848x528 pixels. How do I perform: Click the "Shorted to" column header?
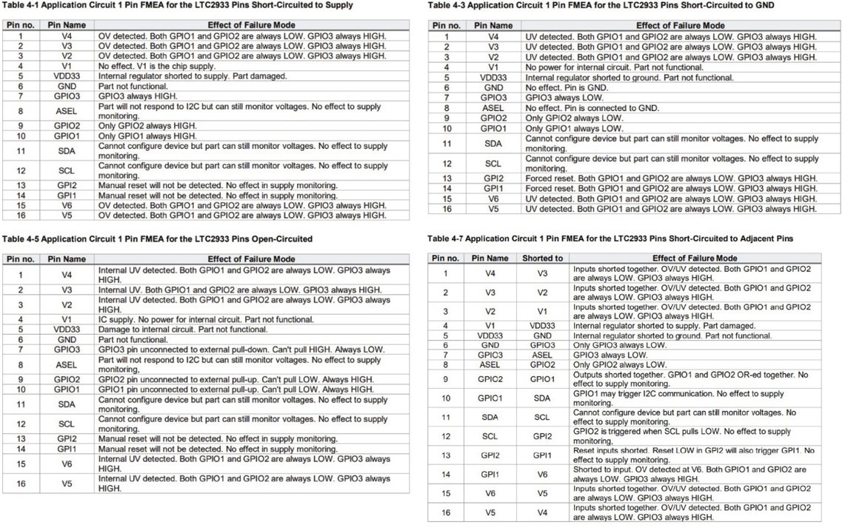point(543,258)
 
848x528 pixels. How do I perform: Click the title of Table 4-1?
point(178,5)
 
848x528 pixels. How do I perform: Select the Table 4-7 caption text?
point(611,238)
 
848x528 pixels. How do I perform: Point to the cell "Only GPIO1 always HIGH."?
point(148,136)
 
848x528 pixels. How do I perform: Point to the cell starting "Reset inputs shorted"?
point(693,455)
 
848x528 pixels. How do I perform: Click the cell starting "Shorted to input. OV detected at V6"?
point(692,474)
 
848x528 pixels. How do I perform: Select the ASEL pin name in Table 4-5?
point(66,364)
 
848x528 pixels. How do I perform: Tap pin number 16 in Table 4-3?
point(447,209)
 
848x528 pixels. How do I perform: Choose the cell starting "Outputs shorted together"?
point(692,378)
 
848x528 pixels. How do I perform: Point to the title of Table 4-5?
point(157,238)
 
